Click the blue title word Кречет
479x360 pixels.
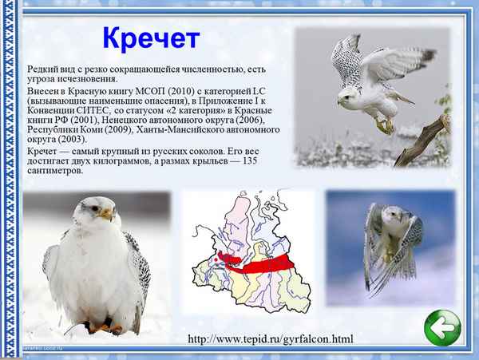tap(151, 37)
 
